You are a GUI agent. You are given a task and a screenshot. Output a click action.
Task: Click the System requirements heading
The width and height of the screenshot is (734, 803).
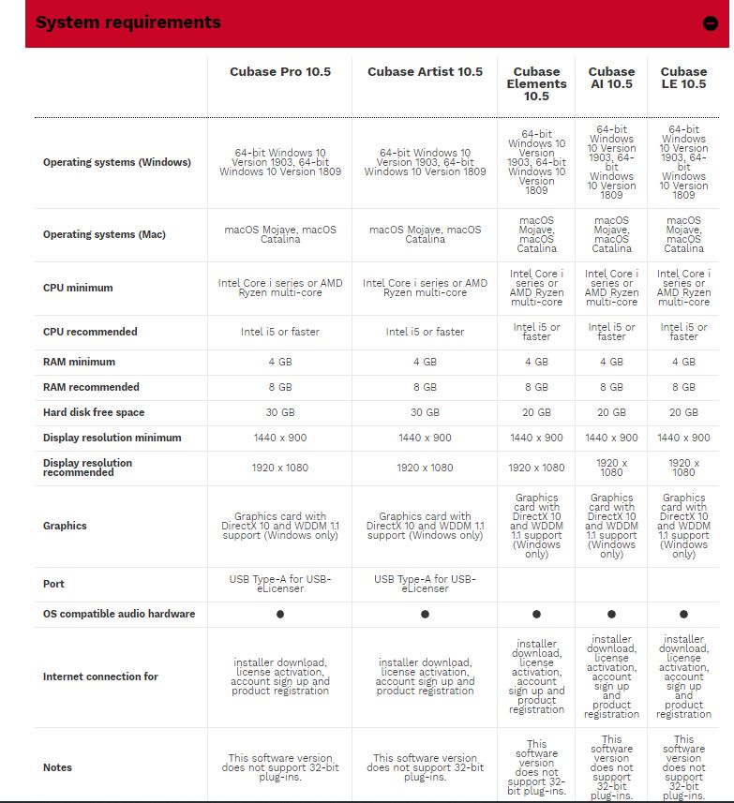click(x=128, y=22)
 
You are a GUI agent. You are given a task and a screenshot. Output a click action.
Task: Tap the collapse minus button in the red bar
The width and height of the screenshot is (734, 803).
click(x=711, y=24)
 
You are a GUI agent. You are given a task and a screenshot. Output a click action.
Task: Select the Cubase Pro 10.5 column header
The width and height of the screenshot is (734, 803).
click(x=280, y=72)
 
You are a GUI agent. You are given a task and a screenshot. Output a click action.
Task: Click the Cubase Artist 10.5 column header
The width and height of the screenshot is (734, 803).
click(x=425, y=72)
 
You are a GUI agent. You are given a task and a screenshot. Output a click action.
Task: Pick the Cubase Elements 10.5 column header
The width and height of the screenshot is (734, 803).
click(x=536, y=83)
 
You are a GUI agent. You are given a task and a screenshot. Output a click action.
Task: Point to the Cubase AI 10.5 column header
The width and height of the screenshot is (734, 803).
click(x=611, y=78)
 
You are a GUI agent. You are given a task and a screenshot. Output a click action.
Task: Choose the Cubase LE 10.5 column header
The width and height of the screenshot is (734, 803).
click(x=683, y=78)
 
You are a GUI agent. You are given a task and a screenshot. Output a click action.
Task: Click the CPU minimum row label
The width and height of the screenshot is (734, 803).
click(x=78, y=288)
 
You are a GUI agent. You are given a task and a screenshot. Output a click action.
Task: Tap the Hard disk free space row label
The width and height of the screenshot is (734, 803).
click(x=94, y=412)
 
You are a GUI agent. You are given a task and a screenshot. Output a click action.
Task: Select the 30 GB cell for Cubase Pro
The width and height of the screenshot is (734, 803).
click(x=280, y=412)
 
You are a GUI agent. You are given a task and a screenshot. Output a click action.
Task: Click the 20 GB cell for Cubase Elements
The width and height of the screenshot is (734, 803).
click(x=536, y=412)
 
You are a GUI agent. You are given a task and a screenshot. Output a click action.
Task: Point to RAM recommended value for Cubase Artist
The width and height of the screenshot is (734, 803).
click(x=425, y=387)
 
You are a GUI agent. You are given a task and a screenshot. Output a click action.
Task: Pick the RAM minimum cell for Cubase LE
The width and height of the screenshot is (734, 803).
click(x=683, y=362)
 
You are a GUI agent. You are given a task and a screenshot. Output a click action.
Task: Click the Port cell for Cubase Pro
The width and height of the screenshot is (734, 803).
click(x=280, y=583)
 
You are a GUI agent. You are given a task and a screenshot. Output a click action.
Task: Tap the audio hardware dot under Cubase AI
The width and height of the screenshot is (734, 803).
click(x=611, y=614)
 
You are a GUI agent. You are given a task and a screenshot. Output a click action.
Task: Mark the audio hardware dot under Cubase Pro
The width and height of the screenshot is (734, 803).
click(x=280, y=614)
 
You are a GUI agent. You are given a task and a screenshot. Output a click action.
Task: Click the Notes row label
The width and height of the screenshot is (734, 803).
click(x=57, y=767)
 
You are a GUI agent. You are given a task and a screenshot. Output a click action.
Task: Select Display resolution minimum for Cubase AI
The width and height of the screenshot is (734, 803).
click(x=611, y=438)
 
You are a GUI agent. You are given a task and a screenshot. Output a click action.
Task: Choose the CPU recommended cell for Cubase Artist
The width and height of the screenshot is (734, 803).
click(x=425, y=332)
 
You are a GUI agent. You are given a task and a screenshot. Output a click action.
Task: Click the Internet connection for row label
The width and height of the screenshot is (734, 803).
click(x=100, y=677)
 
